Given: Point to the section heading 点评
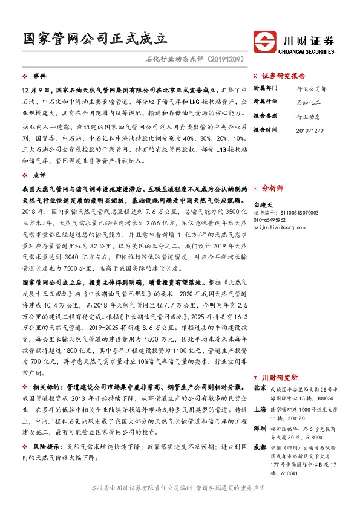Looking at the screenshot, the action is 39,174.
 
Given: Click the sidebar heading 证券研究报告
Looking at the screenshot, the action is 284,77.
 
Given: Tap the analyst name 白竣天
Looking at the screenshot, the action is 264,206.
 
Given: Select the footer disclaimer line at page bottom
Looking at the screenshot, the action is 180,487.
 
